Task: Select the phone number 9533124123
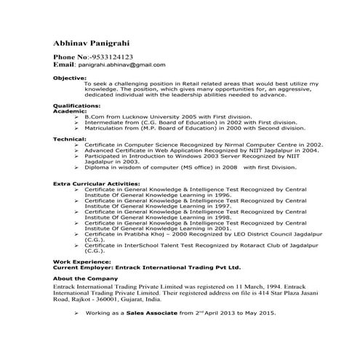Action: click(108, 56)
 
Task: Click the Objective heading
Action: click(70, 76)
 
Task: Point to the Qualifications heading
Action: click(77, 105)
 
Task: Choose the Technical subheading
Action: click(71, 139)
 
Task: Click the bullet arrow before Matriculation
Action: click(76, 127)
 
